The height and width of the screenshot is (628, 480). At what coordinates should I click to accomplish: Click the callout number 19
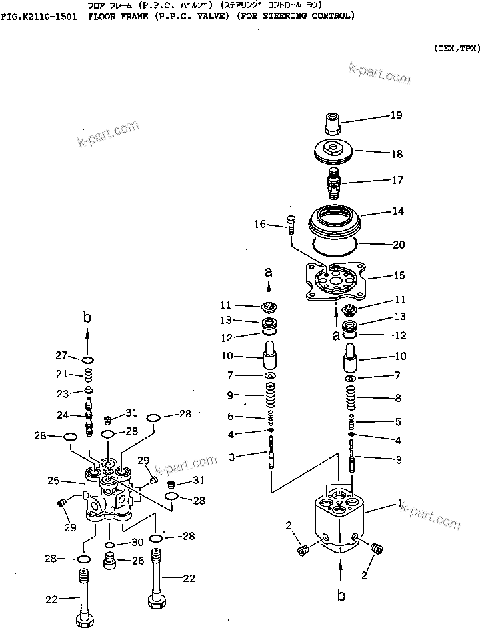(x=396, y=115)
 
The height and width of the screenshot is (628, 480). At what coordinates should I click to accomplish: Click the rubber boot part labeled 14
(x=338, y=219)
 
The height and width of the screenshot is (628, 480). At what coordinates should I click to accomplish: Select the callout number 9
(x=231, y=395)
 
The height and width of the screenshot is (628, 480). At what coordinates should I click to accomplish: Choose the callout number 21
(x=63, y=373)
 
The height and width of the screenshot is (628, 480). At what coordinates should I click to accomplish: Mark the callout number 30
(x=137, y=542)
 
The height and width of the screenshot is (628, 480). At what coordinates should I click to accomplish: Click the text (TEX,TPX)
(x=456, y=49)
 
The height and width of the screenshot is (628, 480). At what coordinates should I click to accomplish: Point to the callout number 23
(x=63, y=393)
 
